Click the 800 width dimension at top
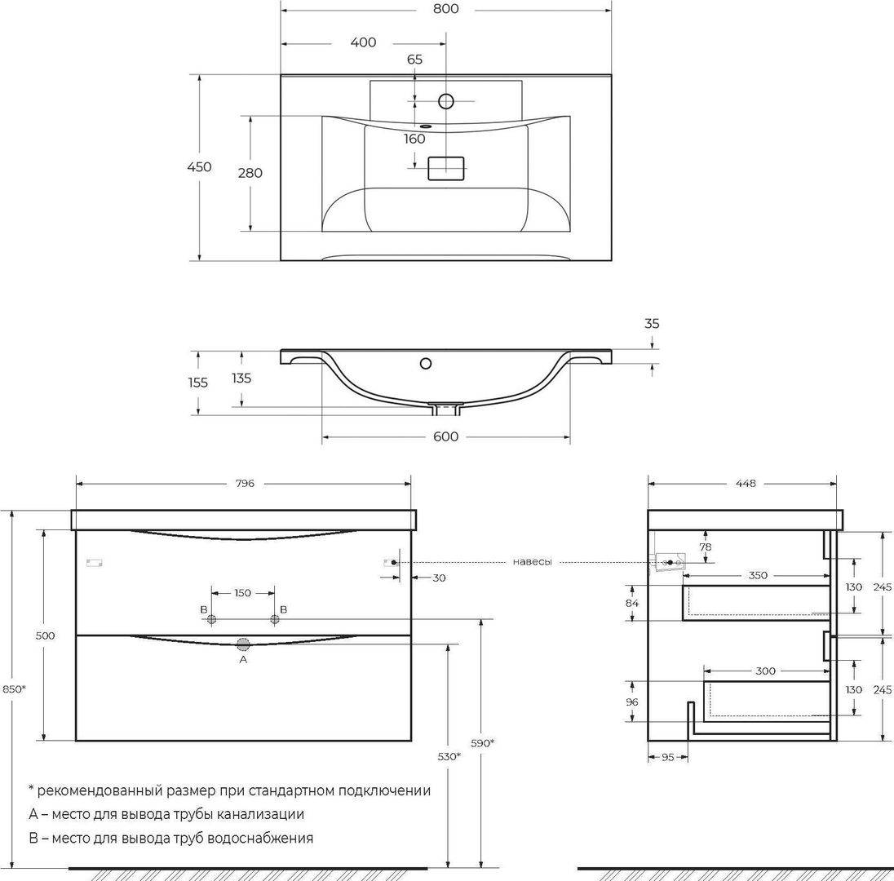pos(445,9)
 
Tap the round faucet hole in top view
pos(446,101)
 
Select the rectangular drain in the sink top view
pos(446,168)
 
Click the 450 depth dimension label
pos(199,167)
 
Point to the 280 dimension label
pos(250,173)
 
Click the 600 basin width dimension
pos(445,436)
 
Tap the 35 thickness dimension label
pos(652,324)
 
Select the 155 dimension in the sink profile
pos(198,383)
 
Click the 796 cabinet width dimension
pos(245,484)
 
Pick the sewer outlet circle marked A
pos(243,644)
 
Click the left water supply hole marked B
pos(212,619)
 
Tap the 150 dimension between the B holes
pos(242,593)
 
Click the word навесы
pos(532,562)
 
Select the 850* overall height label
pos(13,688)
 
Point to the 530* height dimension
pos(449,757)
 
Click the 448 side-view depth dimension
pos(746,484)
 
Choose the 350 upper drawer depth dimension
pos(758,575)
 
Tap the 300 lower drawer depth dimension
pos(765,671)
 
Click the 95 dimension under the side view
pos(668,757)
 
